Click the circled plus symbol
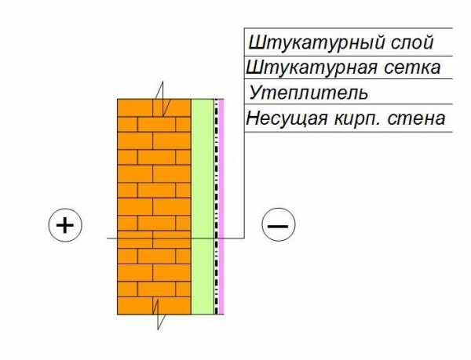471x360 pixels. point(65,225)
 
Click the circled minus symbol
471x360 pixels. point(279,224)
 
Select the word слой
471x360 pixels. point(412,42)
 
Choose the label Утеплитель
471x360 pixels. point(309,93)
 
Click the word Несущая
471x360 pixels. point(287,118)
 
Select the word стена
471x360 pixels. point(416,118)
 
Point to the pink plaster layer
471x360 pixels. point(221,207)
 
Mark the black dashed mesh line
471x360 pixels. point(217,207)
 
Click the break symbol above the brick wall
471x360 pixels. point(162,99)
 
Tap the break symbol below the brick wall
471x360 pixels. point(158,314)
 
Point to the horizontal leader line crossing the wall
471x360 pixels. point(176,238)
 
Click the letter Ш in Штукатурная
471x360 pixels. point(254,67)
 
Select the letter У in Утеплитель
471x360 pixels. point(256,93)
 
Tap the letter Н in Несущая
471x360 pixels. point(253,118)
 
